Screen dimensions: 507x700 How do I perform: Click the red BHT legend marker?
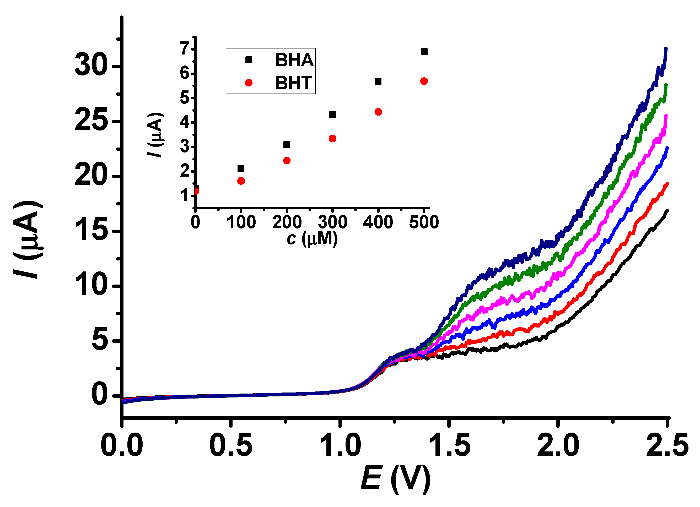click(x=249, y=83)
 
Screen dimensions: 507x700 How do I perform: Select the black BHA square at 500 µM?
click(x=424, y=52)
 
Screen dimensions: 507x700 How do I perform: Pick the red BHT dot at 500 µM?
click(x=424, y=81)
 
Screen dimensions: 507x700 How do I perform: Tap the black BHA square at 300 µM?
click(x=332, y=115)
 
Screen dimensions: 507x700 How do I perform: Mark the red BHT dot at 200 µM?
click(x=287, y=161)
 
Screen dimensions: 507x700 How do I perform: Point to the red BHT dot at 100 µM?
click(x=241, y=181)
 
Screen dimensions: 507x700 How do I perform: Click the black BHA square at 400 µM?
click(x=378, y=81)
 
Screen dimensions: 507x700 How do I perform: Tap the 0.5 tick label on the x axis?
click(x=231, y=446)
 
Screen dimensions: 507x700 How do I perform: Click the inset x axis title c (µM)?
click(x=312, y=238)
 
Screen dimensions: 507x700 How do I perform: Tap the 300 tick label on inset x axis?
click(x=332, y=222)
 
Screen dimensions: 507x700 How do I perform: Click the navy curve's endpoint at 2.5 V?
click(x=666, y=49)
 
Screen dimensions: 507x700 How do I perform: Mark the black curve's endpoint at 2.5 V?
click(x=667, y=211)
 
